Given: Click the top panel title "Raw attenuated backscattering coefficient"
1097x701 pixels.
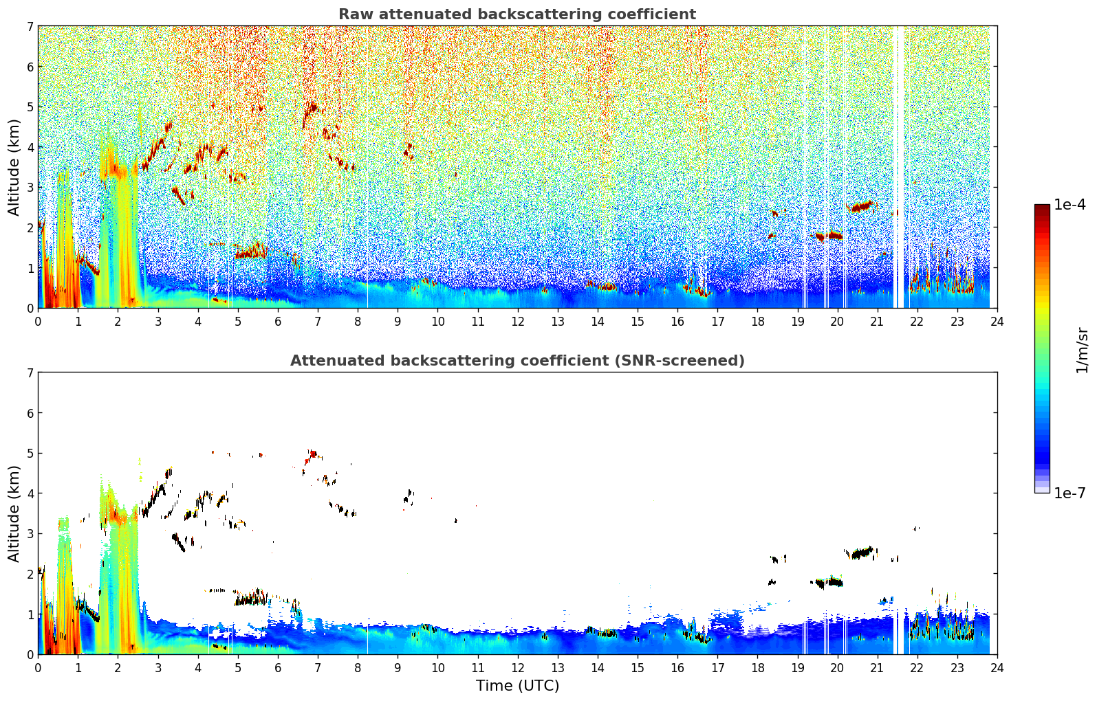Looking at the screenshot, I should [x=517, y=14].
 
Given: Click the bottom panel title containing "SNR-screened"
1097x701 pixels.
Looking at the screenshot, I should [x=517, y=361].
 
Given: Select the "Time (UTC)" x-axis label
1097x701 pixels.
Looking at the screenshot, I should [x=517, y=686].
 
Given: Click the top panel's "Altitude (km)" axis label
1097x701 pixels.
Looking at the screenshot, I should [x=14, y=167].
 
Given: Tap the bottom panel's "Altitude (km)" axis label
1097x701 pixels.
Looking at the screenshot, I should [x=14, y=513].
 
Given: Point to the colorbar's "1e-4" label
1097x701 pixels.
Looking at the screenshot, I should [x=1069, y=205].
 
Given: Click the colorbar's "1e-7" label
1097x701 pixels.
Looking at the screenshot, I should [x=1069, y=493].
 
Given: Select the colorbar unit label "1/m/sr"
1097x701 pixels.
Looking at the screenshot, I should [x=1082, y=350].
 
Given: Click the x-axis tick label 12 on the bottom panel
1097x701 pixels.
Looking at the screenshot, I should [x=517, y=668].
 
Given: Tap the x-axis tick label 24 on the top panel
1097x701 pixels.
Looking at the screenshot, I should [x=997, y=322].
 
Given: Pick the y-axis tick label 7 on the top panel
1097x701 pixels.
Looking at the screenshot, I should [x=30, y=26].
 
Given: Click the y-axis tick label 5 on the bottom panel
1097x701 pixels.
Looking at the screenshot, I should [x=30, y=454].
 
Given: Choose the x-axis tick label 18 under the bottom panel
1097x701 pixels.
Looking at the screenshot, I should [x=757, y=668].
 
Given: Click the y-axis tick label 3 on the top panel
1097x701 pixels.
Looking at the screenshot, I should [x=30, y=188].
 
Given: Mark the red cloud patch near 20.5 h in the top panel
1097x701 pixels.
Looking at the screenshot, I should [x=860, y=206].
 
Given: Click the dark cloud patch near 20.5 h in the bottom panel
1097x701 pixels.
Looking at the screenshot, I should [x=860, y=553].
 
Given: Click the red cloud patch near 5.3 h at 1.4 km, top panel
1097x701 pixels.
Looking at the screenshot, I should [x=250, y=252].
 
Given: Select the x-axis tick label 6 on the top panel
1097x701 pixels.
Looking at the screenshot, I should [x=278, y=322].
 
